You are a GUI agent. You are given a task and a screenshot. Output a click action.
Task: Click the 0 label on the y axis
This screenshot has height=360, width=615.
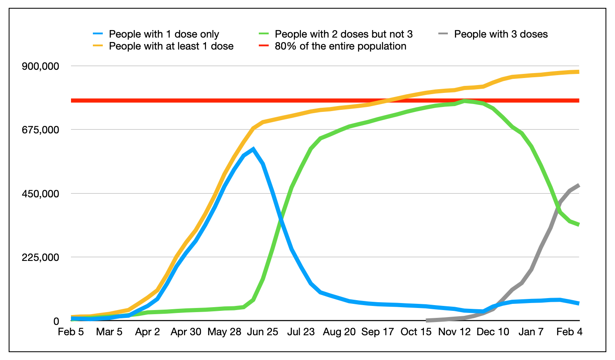[56, 321]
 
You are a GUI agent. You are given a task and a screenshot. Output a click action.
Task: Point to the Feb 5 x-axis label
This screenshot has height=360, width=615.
[71, 332]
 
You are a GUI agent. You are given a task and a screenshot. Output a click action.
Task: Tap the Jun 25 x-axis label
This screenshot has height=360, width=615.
[263, 332]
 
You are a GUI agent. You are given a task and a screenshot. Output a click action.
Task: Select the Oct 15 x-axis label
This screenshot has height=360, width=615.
[416, 332]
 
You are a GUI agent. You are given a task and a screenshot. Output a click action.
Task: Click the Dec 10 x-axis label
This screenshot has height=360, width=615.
[493, 332]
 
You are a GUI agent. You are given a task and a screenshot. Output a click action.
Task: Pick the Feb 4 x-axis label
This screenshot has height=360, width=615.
[569, 332]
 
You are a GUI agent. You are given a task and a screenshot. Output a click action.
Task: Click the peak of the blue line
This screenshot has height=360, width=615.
[253, 149]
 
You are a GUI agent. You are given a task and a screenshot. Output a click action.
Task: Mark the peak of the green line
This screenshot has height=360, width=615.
[465, 100]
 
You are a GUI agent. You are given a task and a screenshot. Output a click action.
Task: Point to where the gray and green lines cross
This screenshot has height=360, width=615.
[558, 206]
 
